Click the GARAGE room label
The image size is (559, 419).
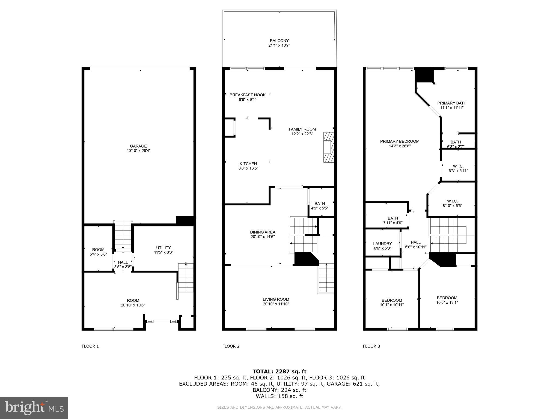(x=138, y=146)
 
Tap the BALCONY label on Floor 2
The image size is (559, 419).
(x=279, y=41)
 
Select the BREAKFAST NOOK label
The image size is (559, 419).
(x=247, y=95)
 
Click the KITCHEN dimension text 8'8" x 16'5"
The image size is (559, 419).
(x=248, y=168)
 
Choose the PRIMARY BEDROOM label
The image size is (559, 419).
(x=400, y=141)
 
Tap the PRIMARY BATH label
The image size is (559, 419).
(x=452, y=103)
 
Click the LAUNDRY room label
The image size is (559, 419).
(x=382, y=244)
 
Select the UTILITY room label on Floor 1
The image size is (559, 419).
(x=163, y=248)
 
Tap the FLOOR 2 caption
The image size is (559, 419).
(x=231, y=346)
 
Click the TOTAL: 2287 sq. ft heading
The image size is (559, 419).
(x=279, y=371)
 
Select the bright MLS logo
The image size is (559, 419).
(x=34, y=408)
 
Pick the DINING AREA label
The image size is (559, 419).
(x=263, y=232)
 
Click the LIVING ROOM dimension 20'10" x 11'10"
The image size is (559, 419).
(x=276, y=304)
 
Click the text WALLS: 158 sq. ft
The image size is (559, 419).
(x=279, y=396)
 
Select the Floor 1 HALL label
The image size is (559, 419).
(x=123, y=262)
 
